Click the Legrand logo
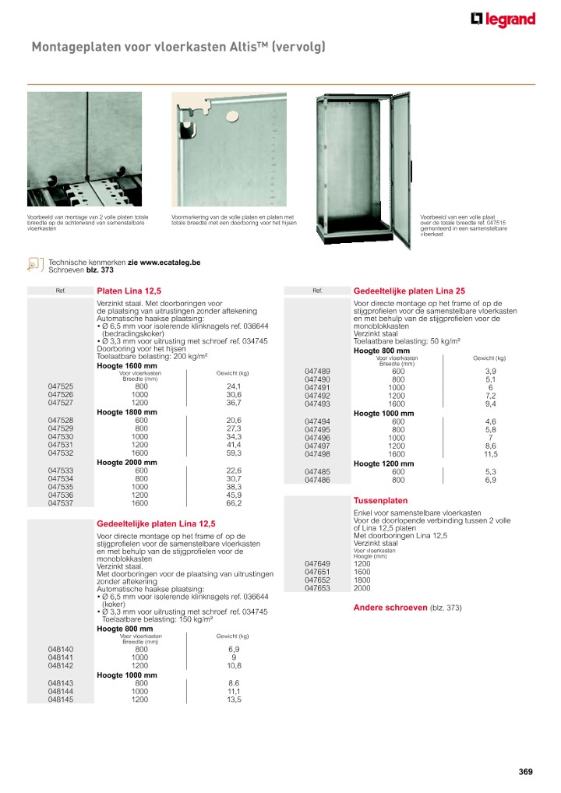point(503,19)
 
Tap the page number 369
point(526,772)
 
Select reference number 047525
point(61,386)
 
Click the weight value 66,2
point(234,503)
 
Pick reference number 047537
point(61,503)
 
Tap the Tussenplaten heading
point(380,500)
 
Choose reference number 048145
point(61,700)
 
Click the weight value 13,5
point(234,700)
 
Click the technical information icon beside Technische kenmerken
point(34,266)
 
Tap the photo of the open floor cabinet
point(362,167)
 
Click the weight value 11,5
point(490,453)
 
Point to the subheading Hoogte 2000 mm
point(126,462)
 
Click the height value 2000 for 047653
point(362,588)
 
